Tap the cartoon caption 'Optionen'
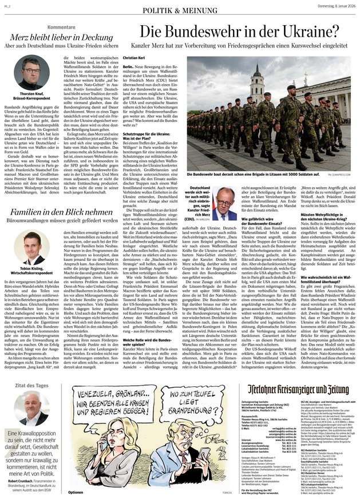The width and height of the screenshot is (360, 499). pos(76,492)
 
